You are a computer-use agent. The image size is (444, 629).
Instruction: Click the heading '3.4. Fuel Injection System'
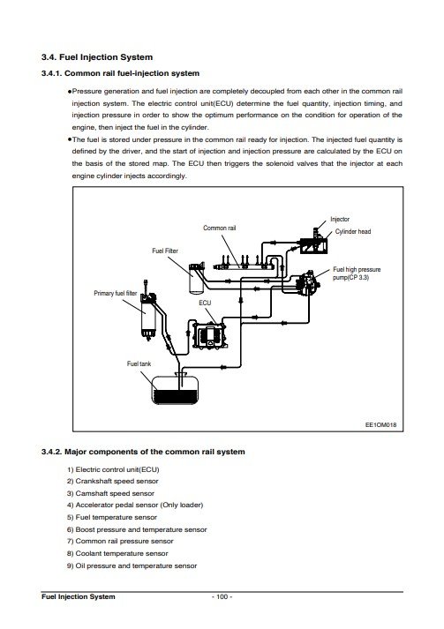[x=97, y=57]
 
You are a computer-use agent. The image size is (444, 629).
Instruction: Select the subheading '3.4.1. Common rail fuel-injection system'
[x=120, y=73]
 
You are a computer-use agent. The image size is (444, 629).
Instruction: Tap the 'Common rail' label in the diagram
[x=219, y=228]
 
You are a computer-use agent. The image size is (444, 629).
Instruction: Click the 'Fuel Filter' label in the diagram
[x=164, y=251]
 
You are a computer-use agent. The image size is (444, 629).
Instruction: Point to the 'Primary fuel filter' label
[x=116, y=293]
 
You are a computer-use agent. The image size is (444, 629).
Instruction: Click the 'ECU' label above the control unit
[x=205, y=303]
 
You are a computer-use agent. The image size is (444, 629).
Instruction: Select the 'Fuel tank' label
[x=139, y=363]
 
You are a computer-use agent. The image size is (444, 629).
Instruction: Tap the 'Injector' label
[x=340, y=219]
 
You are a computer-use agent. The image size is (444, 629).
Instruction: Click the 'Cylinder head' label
[x=353, y=231]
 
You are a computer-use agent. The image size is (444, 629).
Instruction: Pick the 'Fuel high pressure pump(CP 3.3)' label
[x=357, y=273]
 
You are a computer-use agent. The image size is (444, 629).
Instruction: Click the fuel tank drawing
[x=176, y=389]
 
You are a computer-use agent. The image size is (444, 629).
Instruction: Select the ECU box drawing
[x=209, y=334]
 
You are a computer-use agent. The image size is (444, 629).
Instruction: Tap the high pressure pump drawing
[x=308, y=283]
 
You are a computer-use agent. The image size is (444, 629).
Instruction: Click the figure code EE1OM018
[x=380, y=425]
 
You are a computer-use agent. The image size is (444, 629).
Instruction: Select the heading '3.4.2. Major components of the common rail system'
[x=143, y=452]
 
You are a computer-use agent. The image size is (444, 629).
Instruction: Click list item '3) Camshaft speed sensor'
[x=110, y=493]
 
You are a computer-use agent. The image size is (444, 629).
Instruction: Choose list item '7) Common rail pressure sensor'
[x=120, y=541]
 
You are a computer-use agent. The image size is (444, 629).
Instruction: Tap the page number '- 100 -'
[x=222, y=596]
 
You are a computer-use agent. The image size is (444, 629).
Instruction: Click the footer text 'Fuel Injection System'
[x=78, y=596]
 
